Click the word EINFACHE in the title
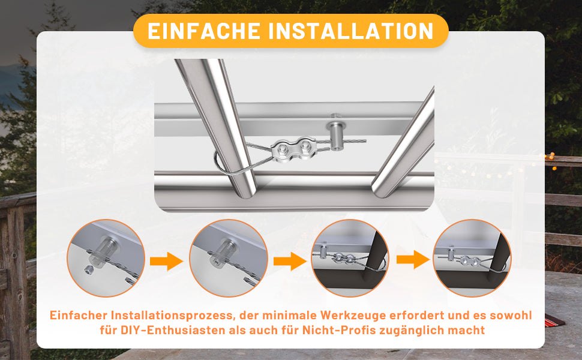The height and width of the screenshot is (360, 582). (204, 31)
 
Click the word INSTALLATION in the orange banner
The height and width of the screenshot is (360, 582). (351, 31)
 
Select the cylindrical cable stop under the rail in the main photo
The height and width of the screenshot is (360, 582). (335, 132)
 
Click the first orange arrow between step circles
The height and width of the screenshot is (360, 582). (166, 261)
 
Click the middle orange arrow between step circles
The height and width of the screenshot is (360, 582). (290, 261)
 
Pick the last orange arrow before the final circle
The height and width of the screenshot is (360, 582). (413, 259)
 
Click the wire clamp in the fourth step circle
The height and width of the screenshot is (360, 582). (469, 260)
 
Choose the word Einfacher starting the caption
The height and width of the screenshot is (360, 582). (79, 315)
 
